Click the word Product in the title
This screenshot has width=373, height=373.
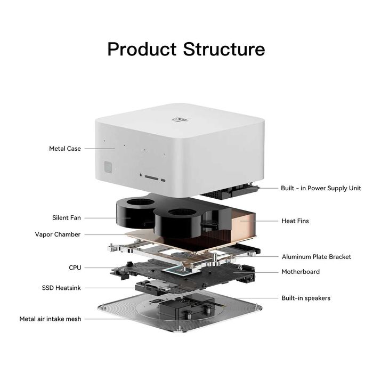[142, 49]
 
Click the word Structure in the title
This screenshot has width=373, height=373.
[224, 49]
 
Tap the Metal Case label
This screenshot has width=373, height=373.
[65, 149]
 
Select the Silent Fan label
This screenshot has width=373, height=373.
[67, 217]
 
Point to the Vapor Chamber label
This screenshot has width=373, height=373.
[58, 234]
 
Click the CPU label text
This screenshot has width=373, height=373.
[75, 267]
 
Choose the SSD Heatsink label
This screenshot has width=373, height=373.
[61, 288]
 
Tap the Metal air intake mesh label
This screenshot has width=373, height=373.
[50, 319]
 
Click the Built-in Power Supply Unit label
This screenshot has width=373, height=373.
[321, 188]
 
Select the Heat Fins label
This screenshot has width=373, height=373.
[295, 221]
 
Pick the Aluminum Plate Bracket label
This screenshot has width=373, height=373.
[317, 257]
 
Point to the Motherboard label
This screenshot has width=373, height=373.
[301, 272]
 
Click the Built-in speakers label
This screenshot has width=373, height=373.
[306, 298]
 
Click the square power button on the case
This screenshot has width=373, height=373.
[108, 167]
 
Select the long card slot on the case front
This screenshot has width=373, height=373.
[151, 177]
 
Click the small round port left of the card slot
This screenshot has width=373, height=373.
[141, 175]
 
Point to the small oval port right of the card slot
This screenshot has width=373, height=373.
[163, 180]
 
